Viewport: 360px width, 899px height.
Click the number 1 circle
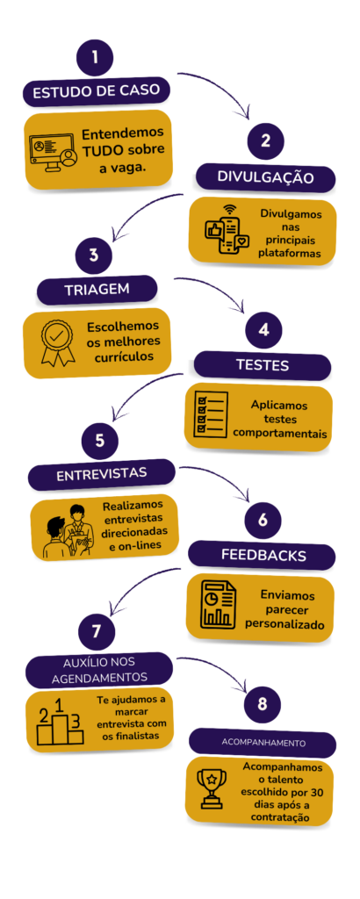click(x=95, y=57)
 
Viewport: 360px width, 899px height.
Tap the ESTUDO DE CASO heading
click(x=97, y=93)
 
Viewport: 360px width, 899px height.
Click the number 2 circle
click(x=265, y=141)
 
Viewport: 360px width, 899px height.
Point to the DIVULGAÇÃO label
click(x=265, y=177)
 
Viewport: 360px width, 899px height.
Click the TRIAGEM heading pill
click(x=97, y=290)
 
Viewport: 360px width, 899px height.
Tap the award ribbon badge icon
click(x=57, y=342)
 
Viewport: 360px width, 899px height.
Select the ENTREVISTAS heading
click(x=102, y=475)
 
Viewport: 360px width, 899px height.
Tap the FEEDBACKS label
click(x=263, y=555)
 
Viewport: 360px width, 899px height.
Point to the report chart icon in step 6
click(x=218, y=604)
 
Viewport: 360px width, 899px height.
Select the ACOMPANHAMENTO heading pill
click(x=263, y=743)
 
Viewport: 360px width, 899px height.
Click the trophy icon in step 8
click(x=212, y=789)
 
